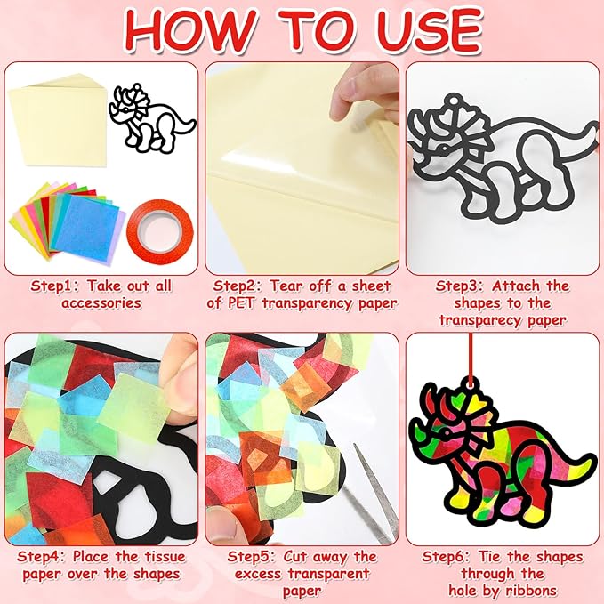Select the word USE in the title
coord(433,29)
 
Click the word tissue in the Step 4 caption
coord(165,557)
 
